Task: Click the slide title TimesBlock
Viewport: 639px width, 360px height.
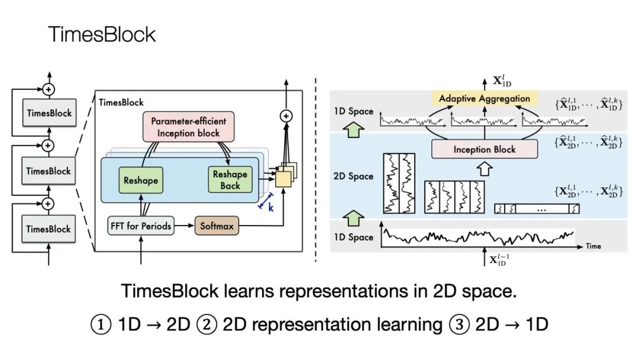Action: coord(102,34)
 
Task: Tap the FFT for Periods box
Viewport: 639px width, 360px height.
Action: coord(141,226)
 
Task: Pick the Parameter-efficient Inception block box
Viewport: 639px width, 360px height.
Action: coord(188,127)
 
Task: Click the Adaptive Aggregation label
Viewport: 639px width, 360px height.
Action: coord(485,98)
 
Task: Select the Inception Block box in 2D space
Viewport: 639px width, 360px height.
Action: coord(485,149)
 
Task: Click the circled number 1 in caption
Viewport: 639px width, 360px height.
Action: coord(101,324)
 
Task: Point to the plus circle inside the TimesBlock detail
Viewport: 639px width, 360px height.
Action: coord(286,116)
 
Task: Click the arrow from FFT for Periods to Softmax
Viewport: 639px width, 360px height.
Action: coord(185,226)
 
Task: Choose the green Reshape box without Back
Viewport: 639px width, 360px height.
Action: coord(141,180)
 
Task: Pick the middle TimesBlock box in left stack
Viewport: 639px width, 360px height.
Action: coord(49,171)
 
